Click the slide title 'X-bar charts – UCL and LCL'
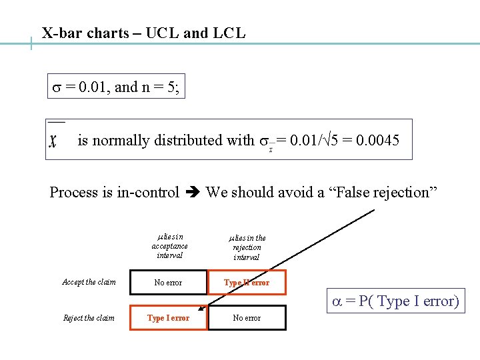tap(143, 33)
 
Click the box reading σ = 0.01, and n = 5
tap(116, 87)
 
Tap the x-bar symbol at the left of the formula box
tap(53, 141)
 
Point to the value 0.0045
tap(377, 141)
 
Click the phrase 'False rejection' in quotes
tap(381, 193)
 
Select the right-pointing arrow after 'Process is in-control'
tap(193, 193)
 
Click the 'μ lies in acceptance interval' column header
tap(169, 246)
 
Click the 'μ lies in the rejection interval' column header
tap(247, 247)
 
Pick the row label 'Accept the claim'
tap(89, 282)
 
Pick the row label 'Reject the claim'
tap(89, 318)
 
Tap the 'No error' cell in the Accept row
tap(168, 283)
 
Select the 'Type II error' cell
tap(247, 283)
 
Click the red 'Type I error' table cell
tap(168, 318)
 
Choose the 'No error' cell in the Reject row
tap(247, 318)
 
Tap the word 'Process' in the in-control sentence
tap(73, 193)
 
